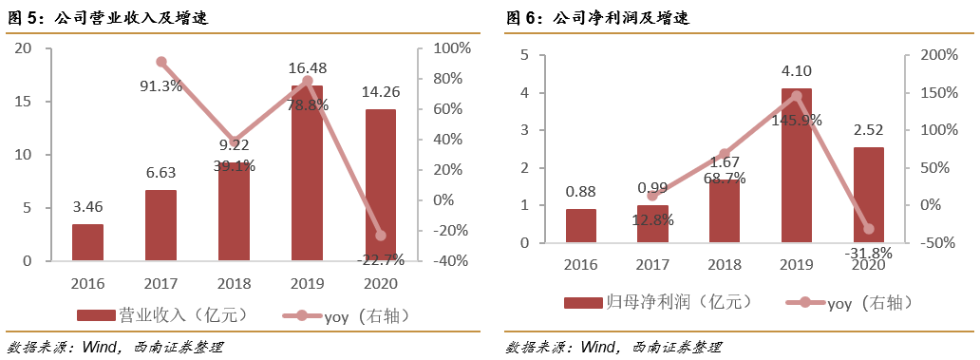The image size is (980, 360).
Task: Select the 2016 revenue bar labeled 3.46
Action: (87, 242)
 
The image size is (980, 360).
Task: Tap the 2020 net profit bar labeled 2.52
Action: (868, 195)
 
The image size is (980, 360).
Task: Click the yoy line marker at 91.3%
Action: (161, 62)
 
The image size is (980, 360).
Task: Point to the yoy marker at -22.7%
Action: (381, 235)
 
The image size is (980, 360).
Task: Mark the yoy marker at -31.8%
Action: (868, 229)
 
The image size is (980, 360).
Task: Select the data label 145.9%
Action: (797, 121)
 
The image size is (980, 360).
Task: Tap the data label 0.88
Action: (580, 191)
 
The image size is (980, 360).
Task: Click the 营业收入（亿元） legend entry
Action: (152, 314)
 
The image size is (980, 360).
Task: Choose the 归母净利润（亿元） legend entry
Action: (658, 302)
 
